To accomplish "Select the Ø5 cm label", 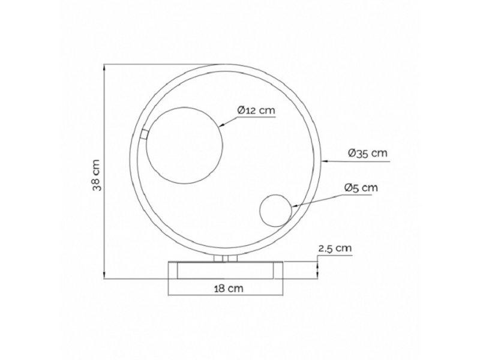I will [361, 188].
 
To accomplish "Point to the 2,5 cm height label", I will [335, 247].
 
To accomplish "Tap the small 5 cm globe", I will [275, 210].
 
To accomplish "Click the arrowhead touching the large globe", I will [220, 125].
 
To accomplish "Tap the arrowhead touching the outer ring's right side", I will [325, 161].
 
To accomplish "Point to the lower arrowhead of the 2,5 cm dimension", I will [316, 274].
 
